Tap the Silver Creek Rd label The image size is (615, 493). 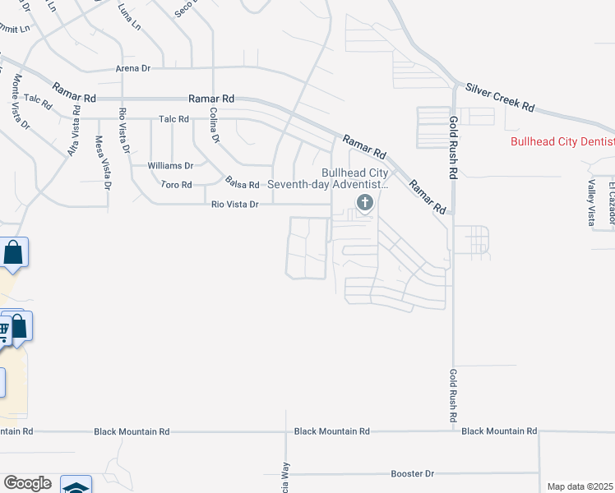tap(500, 97)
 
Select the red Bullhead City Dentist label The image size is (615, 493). tap(562, 141)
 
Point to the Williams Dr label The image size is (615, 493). tap(170, 165)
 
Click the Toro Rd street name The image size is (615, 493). tap(176, 185)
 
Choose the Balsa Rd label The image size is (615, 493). tap(243, 184)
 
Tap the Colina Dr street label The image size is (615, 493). tap(214, 126)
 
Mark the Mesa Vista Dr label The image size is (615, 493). tap(104, 164)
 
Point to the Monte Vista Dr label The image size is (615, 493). tap(21, 103)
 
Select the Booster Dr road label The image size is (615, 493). tap(412, 474)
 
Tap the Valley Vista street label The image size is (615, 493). tap(590, 203)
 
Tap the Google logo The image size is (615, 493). tap(27, 483)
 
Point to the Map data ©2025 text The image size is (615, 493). tap(580, 486)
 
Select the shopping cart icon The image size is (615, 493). tap(4, 331)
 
